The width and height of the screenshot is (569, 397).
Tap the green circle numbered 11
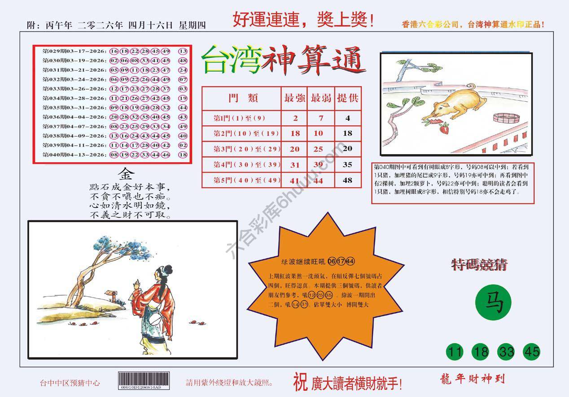tap(455, 352)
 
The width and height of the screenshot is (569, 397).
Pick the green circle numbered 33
tap(506, 352)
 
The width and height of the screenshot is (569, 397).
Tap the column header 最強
tap(294, 98)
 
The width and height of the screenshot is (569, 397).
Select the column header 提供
tap(348, 98)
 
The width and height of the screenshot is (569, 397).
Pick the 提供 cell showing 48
tap(348, 181)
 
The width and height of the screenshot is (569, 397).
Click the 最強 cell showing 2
tap(294, 118)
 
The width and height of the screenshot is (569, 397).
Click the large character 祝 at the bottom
tap(300, 382)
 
